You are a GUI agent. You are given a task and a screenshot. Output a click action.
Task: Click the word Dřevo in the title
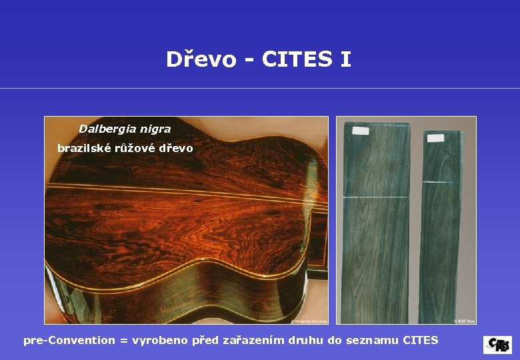(x=201, y=60)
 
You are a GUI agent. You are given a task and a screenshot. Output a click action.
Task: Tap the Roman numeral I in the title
(x=345, y=59)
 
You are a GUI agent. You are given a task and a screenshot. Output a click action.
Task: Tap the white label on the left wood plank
(x=360, y=131)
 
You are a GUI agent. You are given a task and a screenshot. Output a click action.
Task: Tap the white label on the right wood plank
(x=435, y=138)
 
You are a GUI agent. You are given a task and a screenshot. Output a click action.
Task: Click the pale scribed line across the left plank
(x=375, y=197)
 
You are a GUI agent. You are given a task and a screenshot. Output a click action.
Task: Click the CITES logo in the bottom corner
(x=497, y=345)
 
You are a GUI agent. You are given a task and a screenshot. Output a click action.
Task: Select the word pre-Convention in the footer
(x=69, y=340)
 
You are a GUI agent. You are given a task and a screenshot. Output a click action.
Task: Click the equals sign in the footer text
(x=123, y=341)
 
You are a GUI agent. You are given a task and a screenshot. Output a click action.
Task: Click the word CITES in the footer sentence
(x=421, y=340)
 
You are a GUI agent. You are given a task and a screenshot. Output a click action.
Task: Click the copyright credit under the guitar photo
(x=305, y=320)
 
